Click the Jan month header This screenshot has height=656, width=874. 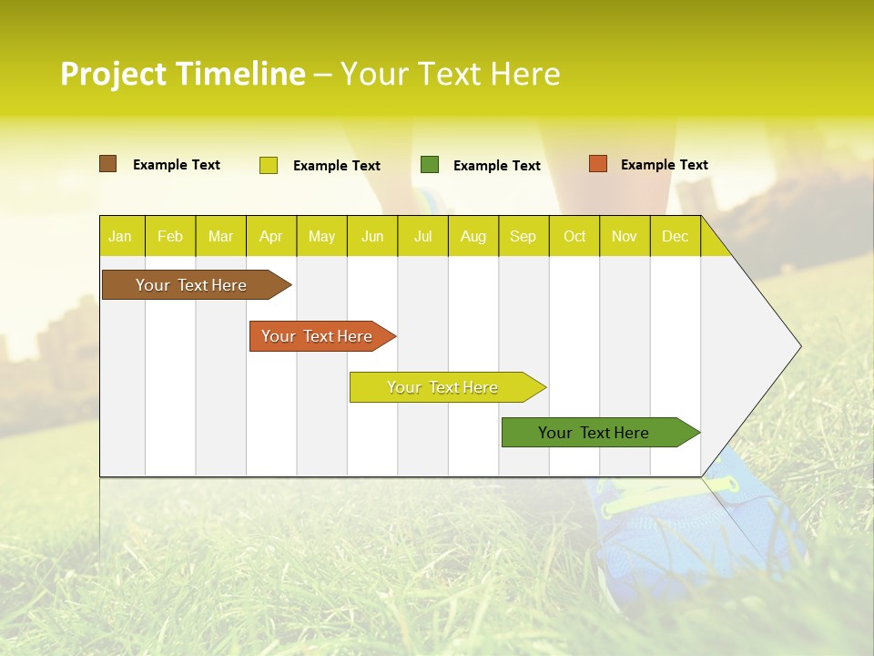(x=121, y=236)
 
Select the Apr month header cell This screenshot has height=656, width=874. (x=271, y=236)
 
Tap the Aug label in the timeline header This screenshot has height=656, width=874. (x=473, y=236)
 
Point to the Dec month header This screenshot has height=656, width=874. (x=675, y=236)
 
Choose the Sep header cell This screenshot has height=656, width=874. (x=523, y=236)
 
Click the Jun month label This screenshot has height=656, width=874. (x=372, y=236)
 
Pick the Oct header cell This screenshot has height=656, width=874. (x=574, y=236)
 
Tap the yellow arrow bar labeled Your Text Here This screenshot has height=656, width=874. (x=443, y=387)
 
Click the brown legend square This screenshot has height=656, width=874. (x=107, y=164)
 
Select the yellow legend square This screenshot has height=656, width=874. (x=269, y=165)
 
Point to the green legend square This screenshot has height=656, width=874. (x=430, y=165)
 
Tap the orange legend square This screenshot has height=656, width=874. (x=597, y=164)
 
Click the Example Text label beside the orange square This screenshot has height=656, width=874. (x=665, y=165)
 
